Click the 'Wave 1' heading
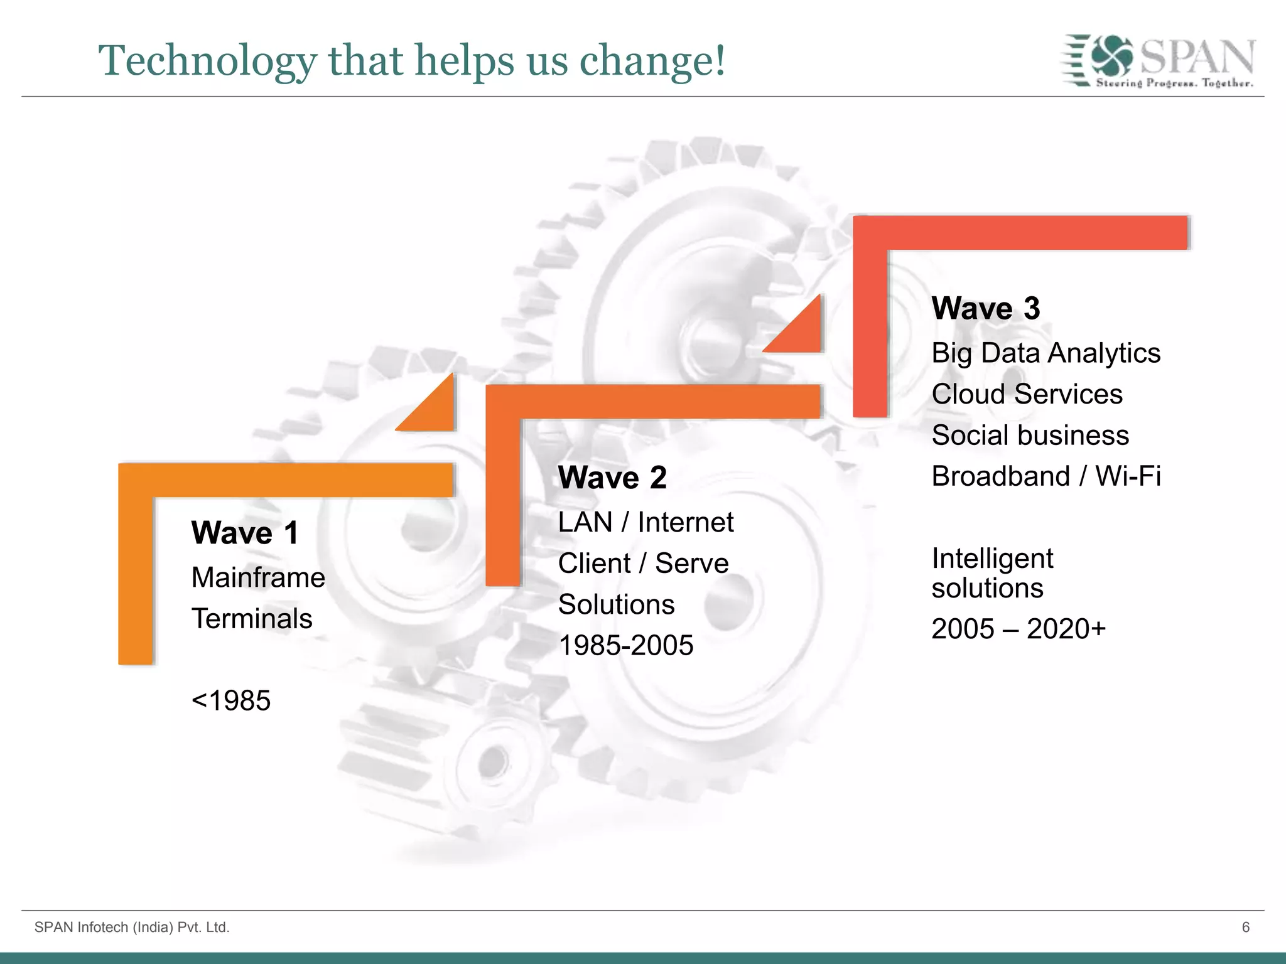[245, 533]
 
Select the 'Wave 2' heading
[612, 478]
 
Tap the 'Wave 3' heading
[985, 309]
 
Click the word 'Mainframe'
[258, 577]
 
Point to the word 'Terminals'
[252, 619]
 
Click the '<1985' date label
[231, 700]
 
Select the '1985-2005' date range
[625, 645]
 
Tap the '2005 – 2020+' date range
[1018, 629]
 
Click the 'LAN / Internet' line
[646, 522]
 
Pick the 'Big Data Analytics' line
[1046, 353]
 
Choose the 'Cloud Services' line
[1027, 394]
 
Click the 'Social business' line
[1030, 436]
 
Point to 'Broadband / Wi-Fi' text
[1046, 476]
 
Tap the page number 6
[1246, 927]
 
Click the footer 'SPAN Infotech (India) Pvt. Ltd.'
[132, 927]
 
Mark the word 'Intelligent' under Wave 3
[992, 559]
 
